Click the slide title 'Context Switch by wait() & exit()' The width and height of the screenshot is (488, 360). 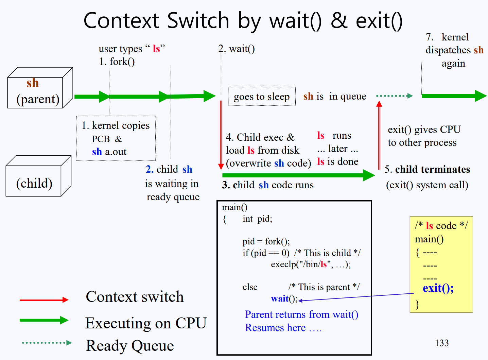point(243,21)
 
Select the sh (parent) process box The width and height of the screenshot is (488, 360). point(40,88)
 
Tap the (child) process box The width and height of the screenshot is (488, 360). point(38,176)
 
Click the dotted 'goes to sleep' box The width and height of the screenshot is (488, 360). point(262,96)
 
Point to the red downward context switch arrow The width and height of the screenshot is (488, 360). point(221,135)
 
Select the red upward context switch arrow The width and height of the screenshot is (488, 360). point(379,135)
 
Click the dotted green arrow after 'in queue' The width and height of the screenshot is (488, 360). point(394,96)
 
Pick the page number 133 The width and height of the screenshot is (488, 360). point(442,343)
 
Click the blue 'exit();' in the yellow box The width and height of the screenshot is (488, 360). point(438,288)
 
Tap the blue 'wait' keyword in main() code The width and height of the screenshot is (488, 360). point(279,298)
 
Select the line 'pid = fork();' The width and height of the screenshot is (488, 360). point(266,241)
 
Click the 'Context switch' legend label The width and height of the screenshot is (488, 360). point(135,296)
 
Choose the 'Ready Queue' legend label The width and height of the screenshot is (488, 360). point(130,346)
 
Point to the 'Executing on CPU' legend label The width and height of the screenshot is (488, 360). point(146,323)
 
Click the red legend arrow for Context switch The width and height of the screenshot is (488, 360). point(44,300)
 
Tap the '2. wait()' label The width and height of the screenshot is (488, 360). point(237,49)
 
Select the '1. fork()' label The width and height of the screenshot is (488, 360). point(117,62)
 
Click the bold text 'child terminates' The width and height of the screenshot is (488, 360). point(433,169)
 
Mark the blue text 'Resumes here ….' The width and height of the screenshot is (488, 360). point(283,328)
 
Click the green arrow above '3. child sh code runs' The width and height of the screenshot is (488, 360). point(298,175)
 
